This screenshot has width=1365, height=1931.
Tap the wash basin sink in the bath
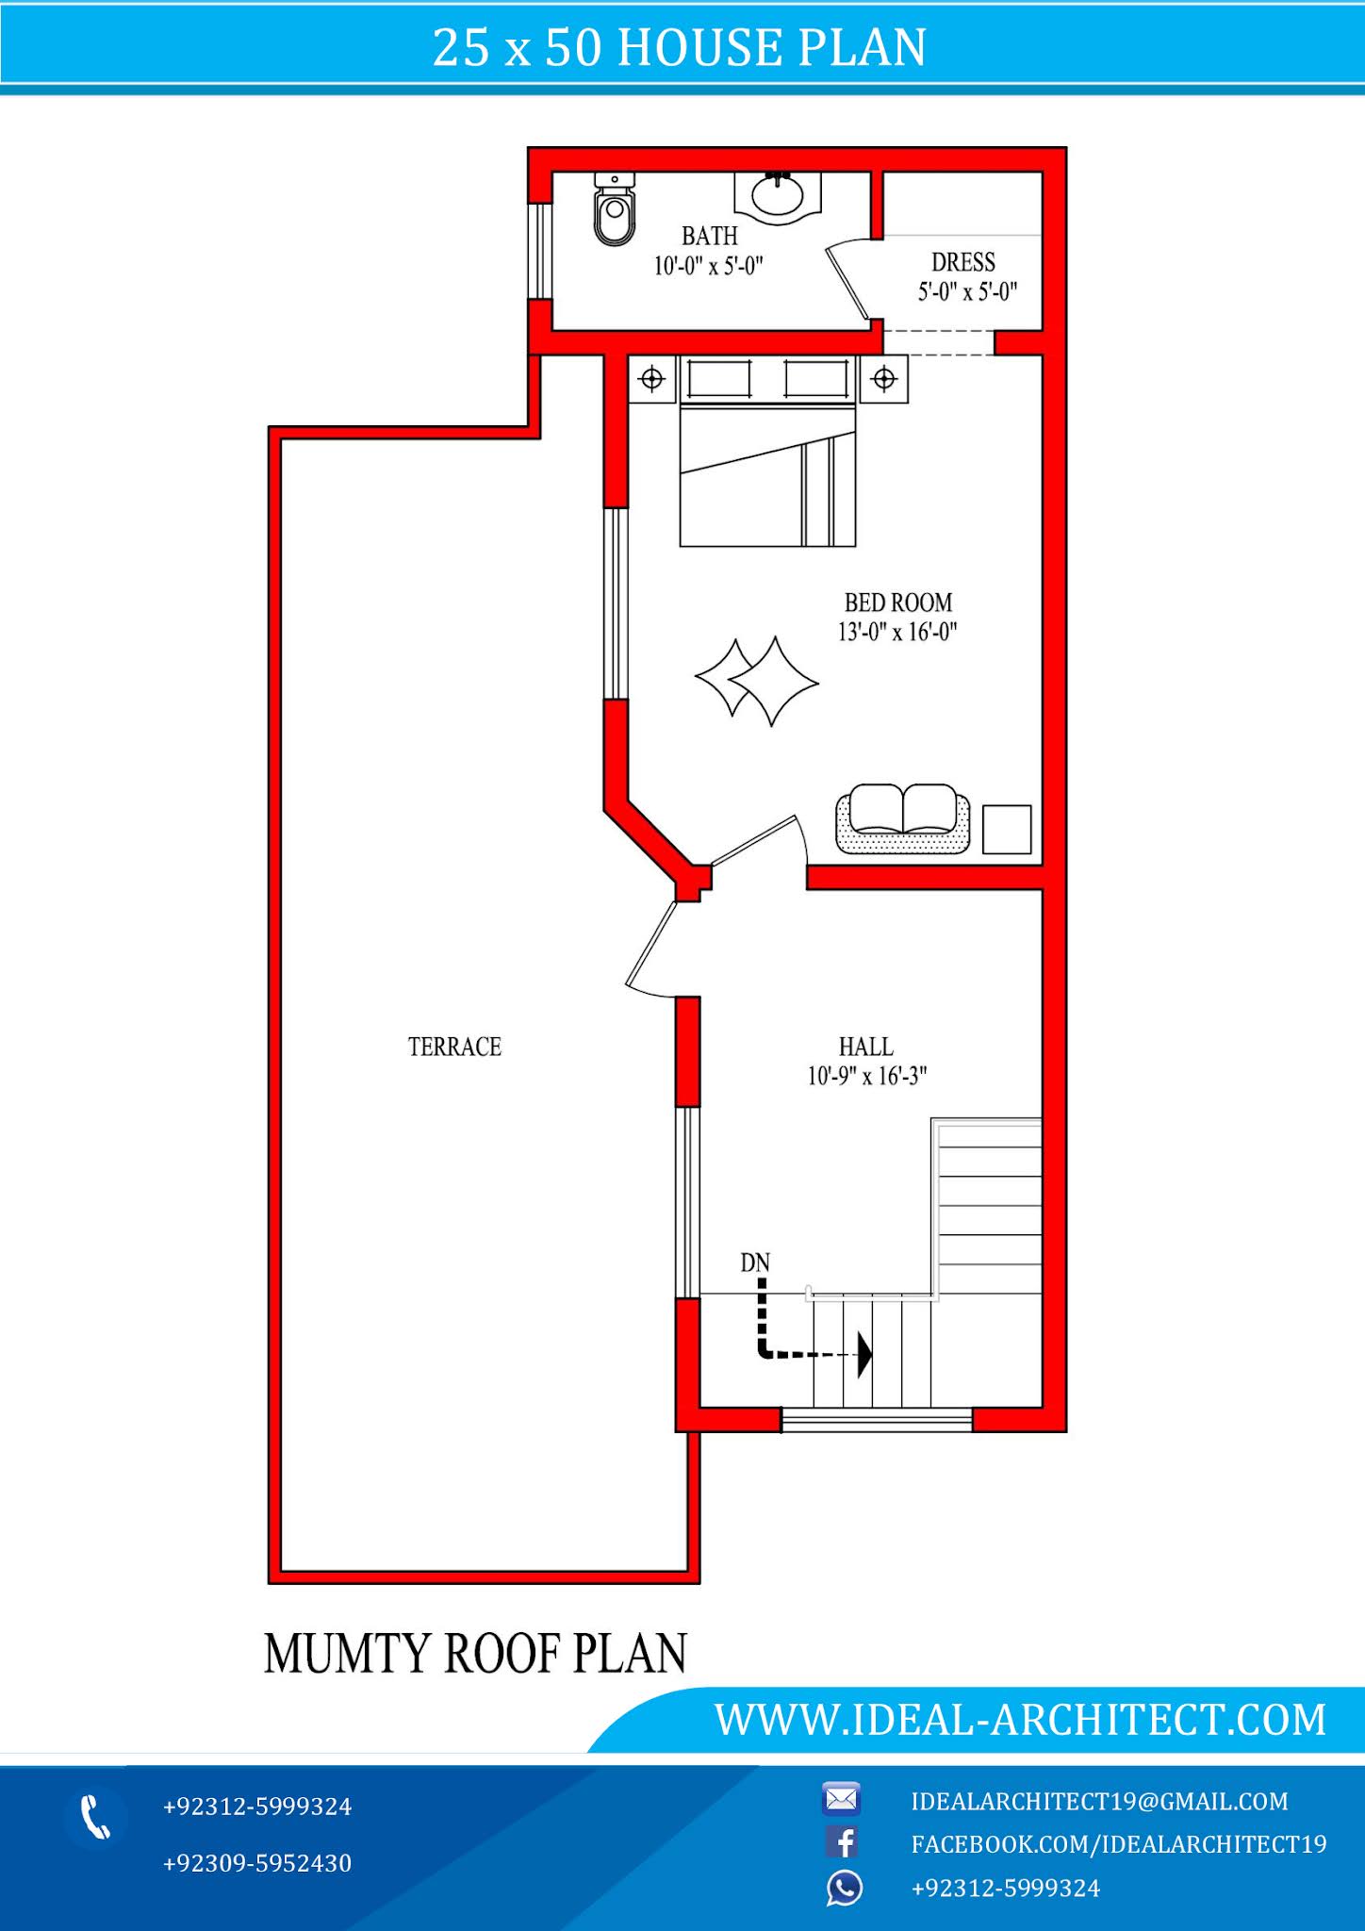778,196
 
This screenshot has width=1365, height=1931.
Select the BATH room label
709,236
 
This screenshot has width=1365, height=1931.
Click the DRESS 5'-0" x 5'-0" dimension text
967,292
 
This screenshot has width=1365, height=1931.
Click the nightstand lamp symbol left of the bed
652,379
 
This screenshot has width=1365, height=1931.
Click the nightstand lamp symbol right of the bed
884,379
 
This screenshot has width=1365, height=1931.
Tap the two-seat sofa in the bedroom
902,818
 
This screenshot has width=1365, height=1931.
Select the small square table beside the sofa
1006,829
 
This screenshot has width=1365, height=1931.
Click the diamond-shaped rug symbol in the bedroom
757,680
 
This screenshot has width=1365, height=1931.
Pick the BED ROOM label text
897,602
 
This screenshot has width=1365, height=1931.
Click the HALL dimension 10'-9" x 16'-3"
866,1076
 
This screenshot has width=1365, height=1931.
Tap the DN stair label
755,1263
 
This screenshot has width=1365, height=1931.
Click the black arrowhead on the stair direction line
863,1355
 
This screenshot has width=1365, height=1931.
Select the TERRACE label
454,1047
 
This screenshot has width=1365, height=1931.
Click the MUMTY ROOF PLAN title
476,1653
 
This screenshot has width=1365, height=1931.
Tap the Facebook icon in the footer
842,1842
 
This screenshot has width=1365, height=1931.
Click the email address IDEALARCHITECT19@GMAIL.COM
1099,1802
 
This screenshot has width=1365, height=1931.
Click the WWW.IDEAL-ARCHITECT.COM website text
1020,1719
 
